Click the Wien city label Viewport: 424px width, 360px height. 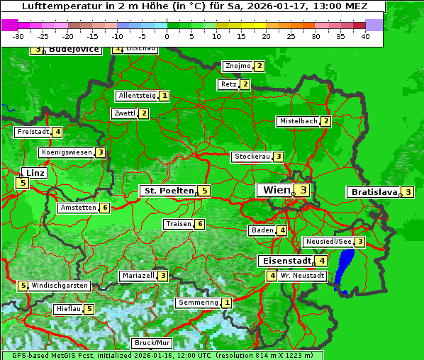point(277,190)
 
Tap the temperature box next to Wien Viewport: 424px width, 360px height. point(303,190)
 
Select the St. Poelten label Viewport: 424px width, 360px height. point(168,191)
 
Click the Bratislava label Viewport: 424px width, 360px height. point(373,192)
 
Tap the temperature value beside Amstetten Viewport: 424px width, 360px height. point(104,208)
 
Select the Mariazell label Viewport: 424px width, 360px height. point(138,276)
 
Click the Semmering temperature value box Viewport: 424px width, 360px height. point(226,303)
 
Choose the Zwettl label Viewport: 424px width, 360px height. point(124,113)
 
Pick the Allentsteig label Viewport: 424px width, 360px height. point(137,96)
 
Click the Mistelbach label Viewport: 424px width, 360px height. point(298,121)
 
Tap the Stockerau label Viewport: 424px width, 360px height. point(252,157)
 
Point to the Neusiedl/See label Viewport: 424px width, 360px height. point(328,242)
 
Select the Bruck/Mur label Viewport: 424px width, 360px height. point(152,343)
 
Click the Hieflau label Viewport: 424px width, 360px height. point(68,309)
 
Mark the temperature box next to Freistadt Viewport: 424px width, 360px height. point(57,132)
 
